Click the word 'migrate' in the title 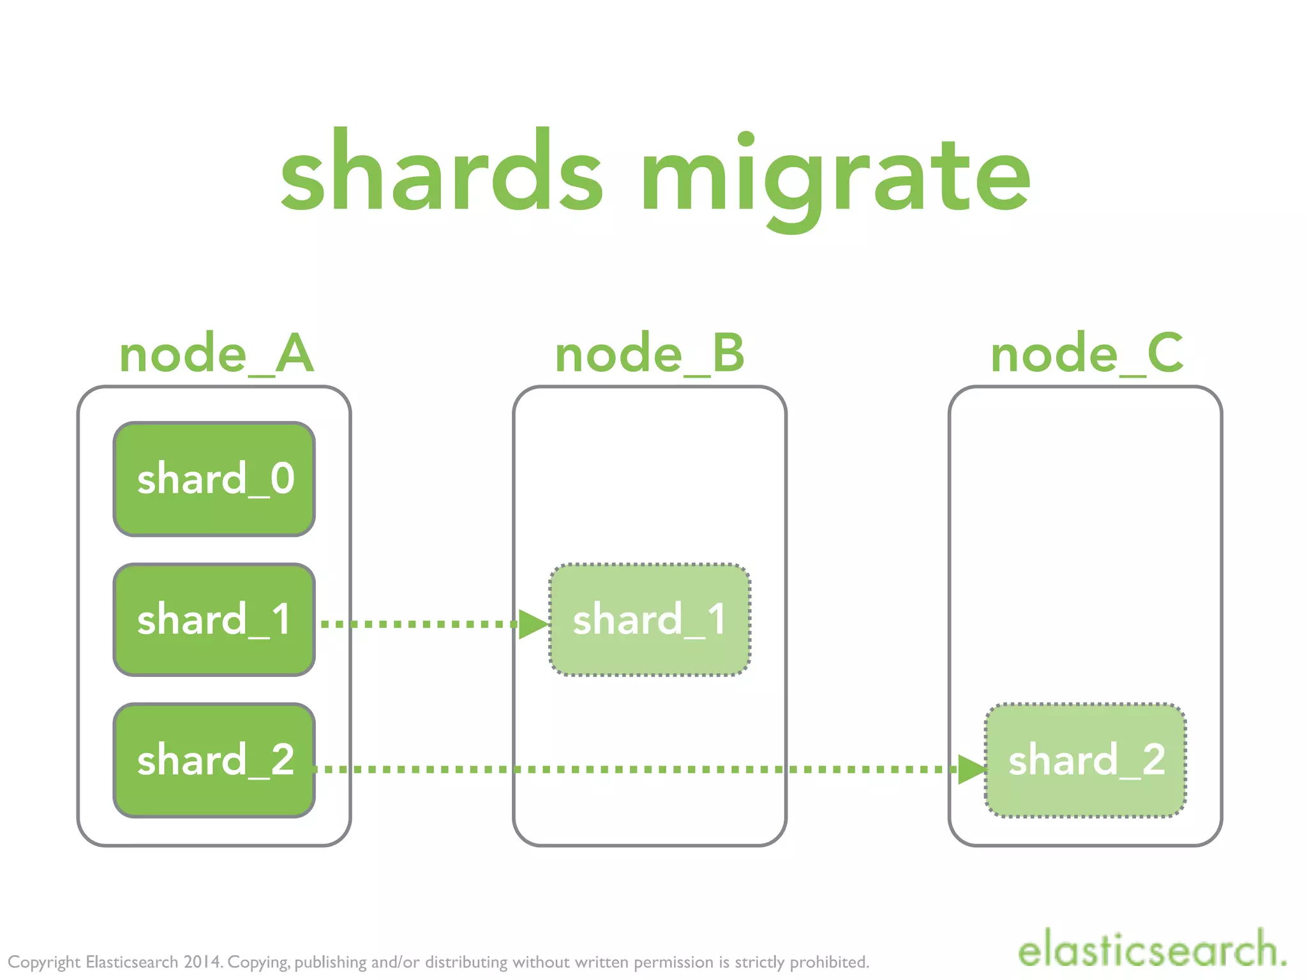(836, 175)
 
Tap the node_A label (216, 354)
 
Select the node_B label (650, 354)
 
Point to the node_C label (1087, 354)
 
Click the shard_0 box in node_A (214, 479)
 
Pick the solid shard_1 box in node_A (214, 620)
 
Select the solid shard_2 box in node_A (214, 760)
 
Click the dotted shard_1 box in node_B (650, 620)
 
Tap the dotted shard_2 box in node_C (1086, 760)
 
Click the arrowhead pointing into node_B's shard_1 (533, 624)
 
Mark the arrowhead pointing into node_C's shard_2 (971, 769)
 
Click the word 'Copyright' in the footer (44, 962)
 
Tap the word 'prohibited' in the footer (829, 961)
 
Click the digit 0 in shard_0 (282, 479)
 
